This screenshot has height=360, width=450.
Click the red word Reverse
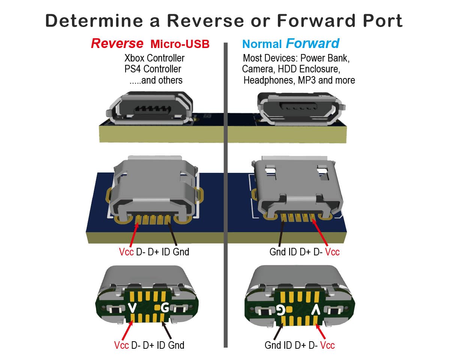coord(117,43)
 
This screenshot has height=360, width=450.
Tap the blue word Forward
coord(312,43)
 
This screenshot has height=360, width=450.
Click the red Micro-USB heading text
coord(180,44)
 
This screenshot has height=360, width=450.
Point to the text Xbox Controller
coord(154,58)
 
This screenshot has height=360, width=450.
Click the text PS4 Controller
coord(153,69)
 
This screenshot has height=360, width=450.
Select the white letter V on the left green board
coord(132,308)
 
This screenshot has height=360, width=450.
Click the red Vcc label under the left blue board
coord(126,252)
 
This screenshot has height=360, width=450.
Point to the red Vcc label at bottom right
coord(327,345)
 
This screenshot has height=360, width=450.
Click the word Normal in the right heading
coord(262,44)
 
